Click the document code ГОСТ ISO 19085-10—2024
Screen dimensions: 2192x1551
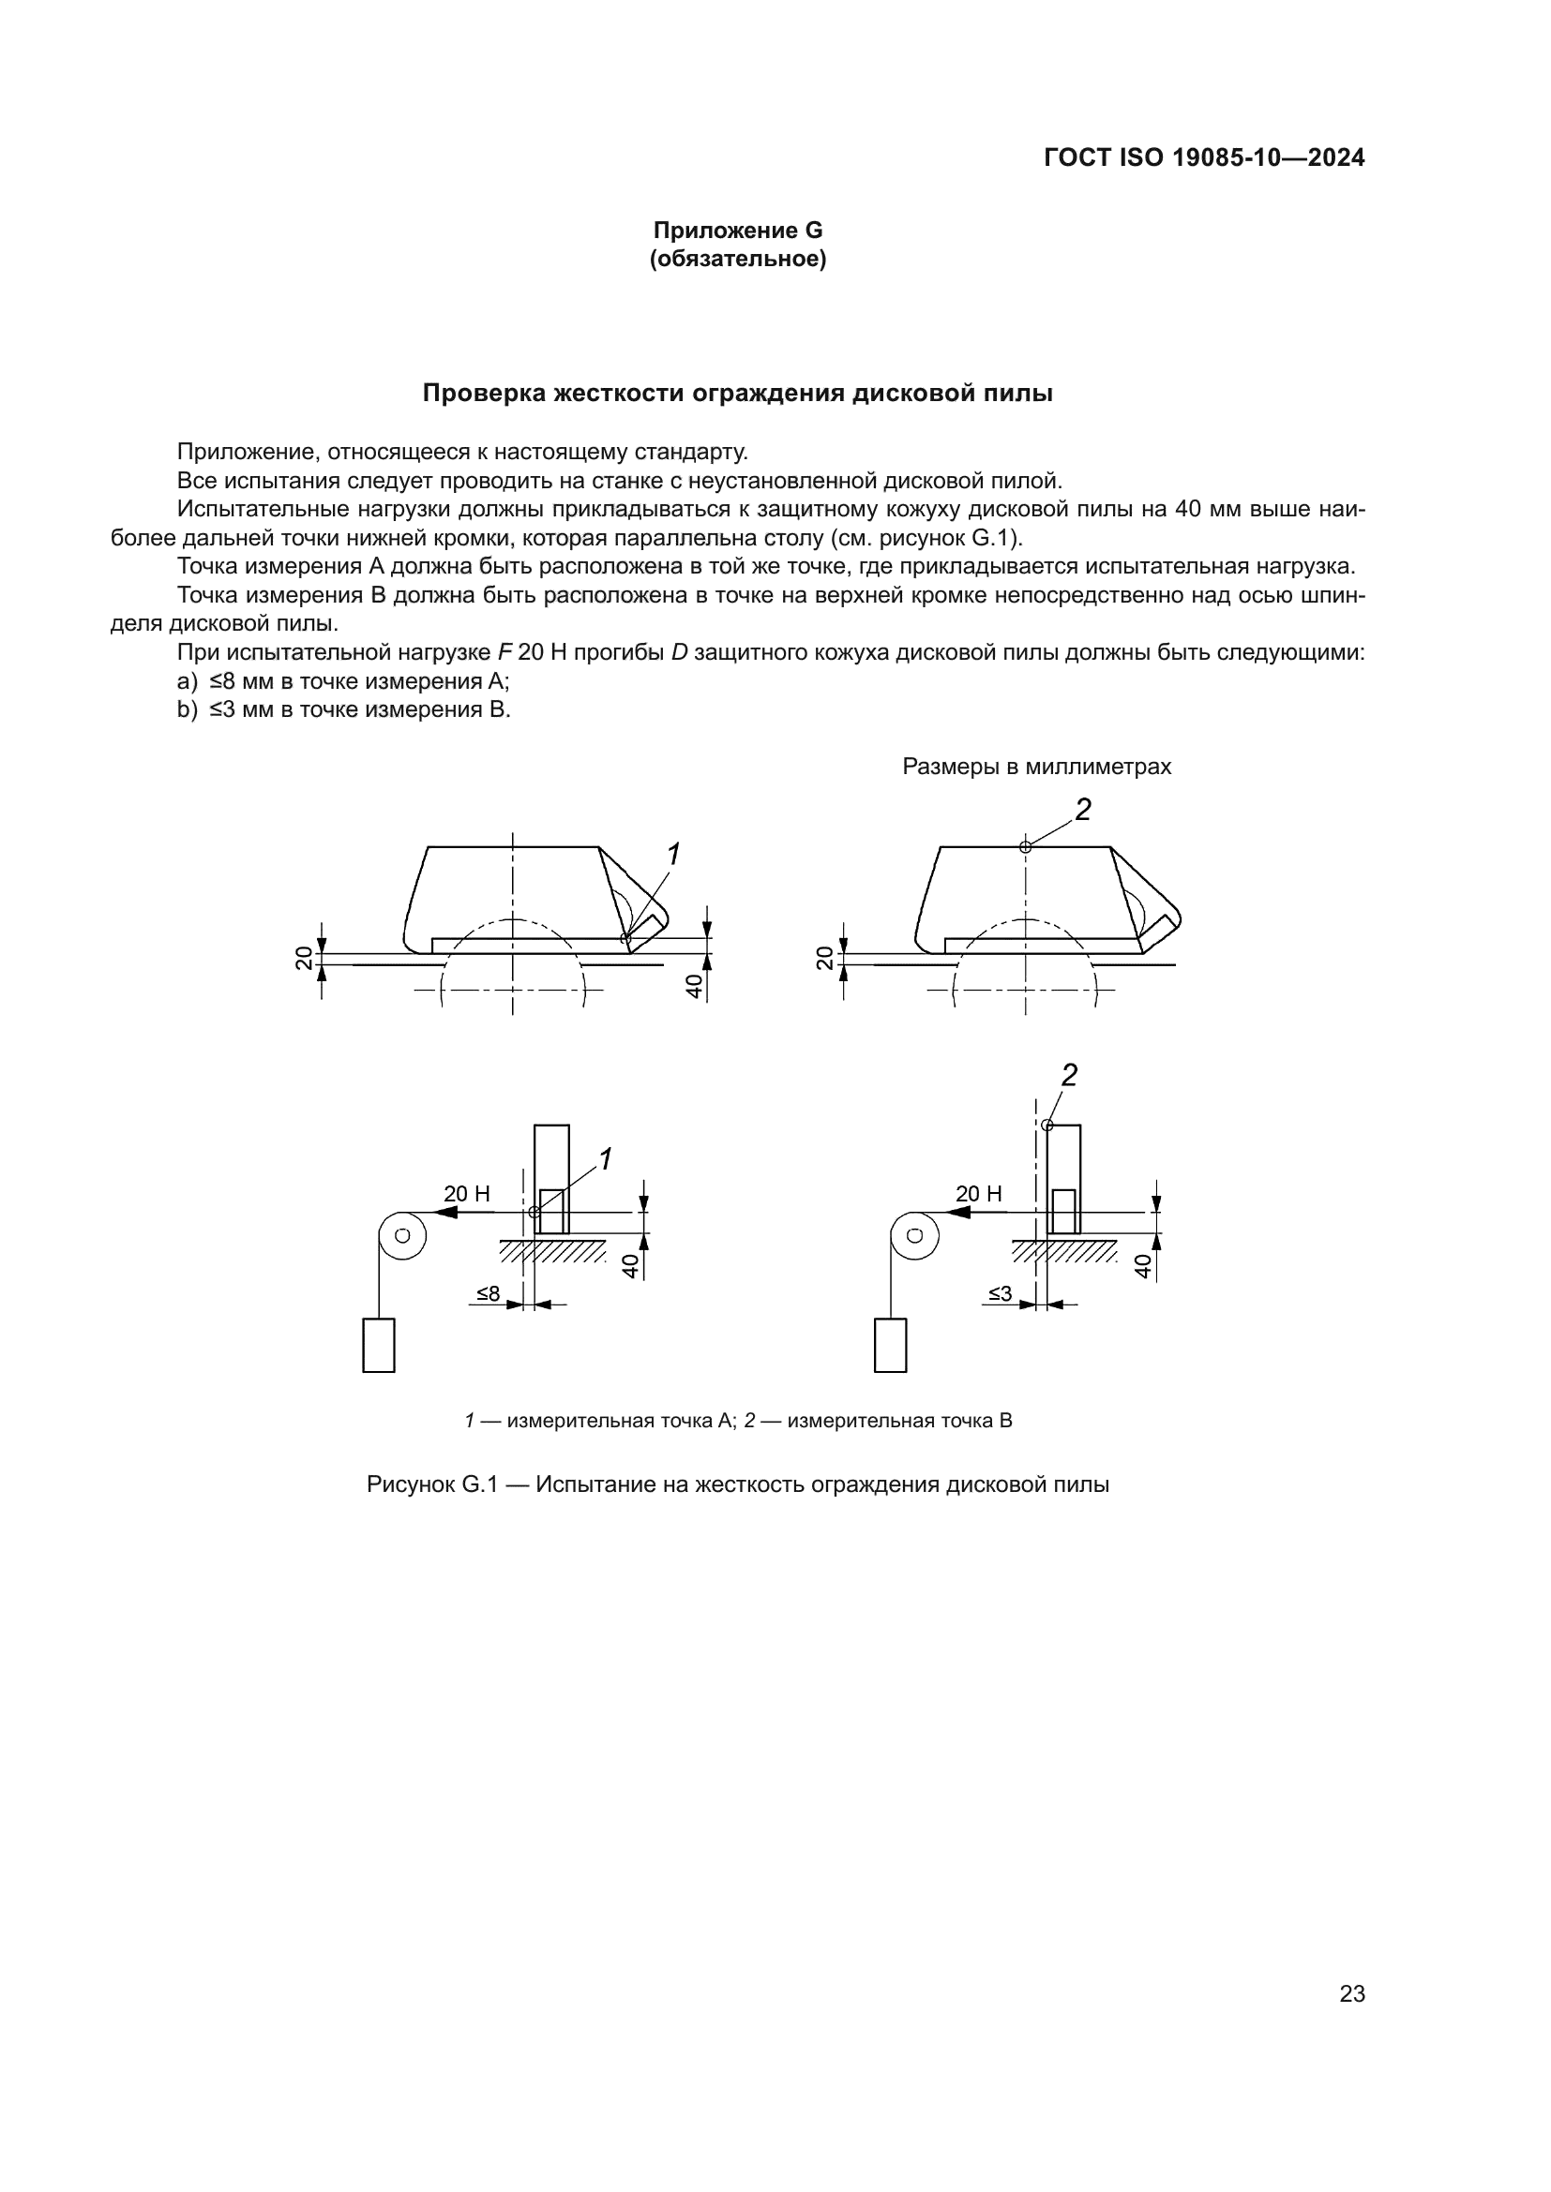click(x=1204, y=157)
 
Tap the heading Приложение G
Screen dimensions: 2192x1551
click(x=737, y=231)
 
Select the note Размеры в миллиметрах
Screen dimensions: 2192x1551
click(x=1036, y=767)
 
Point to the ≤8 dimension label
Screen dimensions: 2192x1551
click(x=488, y=1293)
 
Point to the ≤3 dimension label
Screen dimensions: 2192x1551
click(x=1000, y=1293)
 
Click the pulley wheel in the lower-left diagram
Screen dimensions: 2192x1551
click(x=402, y=1235)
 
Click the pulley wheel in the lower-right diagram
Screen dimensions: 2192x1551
click(x=915, y=1235)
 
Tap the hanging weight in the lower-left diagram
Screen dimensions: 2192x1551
click(x=379, y=1345)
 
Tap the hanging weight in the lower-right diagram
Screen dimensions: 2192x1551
click(x=890, y=1345)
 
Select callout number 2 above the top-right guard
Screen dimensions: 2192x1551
click(x=1082, y=811)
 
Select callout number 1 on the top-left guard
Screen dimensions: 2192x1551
click(x=673, y=855)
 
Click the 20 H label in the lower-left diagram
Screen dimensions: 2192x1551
click(x=467, y=1193)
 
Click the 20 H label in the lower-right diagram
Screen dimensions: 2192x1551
click(x=979, y=1193)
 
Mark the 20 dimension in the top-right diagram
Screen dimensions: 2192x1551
click(x=824, y=959)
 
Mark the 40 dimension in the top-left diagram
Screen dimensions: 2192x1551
click(x=695, y=985)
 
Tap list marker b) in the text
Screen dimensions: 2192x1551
click(x=188, y=709)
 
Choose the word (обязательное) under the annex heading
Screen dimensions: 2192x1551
click(x=737, y=259)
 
